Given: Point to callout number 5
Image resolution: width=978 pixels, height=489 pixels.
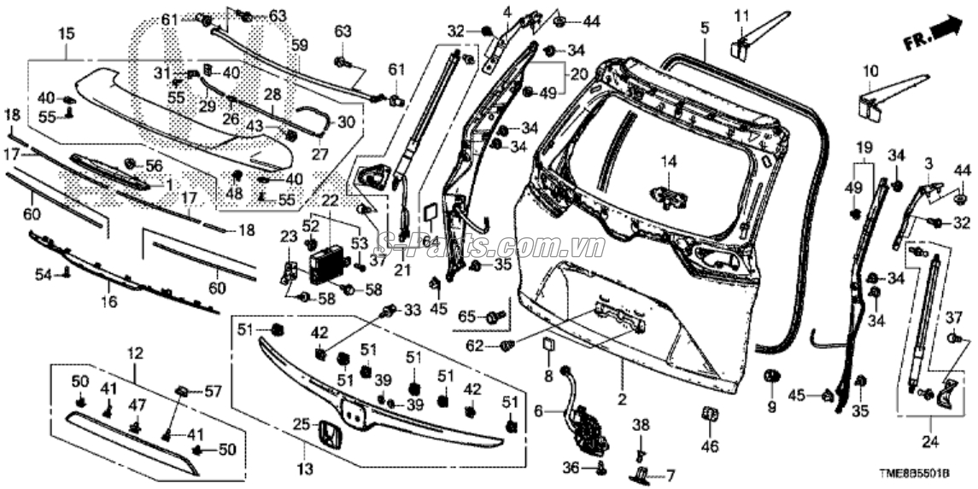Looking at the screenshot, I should [x=704, y=28].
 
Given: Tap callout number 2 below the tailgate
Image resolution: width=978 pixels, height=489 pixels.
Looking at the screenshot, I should [x=622, y=399].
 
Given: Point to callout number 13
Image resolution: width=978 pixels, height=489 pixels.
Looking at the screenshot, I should [x=305, y=469].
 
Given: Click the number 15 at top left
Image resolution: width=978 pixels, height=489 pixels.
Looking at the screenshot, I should [x=66, y=33].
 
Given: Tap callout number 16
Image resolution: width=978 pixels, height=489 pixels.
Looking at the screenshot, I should [x=108, y=301].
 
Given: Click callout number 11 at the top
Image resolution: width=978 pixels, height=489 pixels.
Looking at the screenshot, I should [x=741, y=15].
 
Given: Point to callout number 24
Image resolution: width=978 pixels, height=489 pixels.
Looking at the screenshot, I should [x=928, y=443].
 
